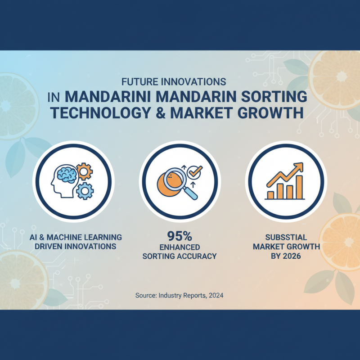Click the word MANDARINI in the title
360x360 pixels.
[x=115, y=97]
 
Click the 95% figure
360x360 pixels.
[x=180, y=235]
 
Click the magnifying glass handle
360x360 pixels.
[x=192, y=194]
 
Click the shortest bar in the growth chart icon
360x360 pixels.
[x=270, y=194]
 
